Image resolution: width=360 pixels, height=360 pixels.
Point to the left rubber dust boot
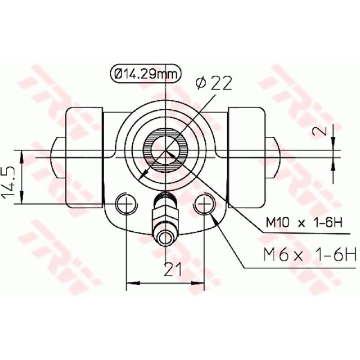pos(84,157)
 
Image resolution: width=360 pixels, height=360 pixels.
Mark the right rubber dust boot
pos(247,157)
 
